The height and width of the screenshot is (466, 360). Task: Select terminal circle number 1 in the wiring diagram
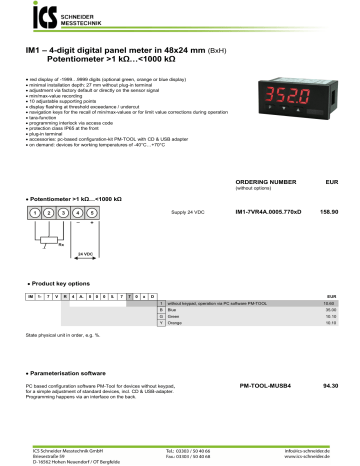[33, 213]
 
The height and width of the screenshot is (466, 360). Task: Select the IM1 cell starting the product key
[31, 298]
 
